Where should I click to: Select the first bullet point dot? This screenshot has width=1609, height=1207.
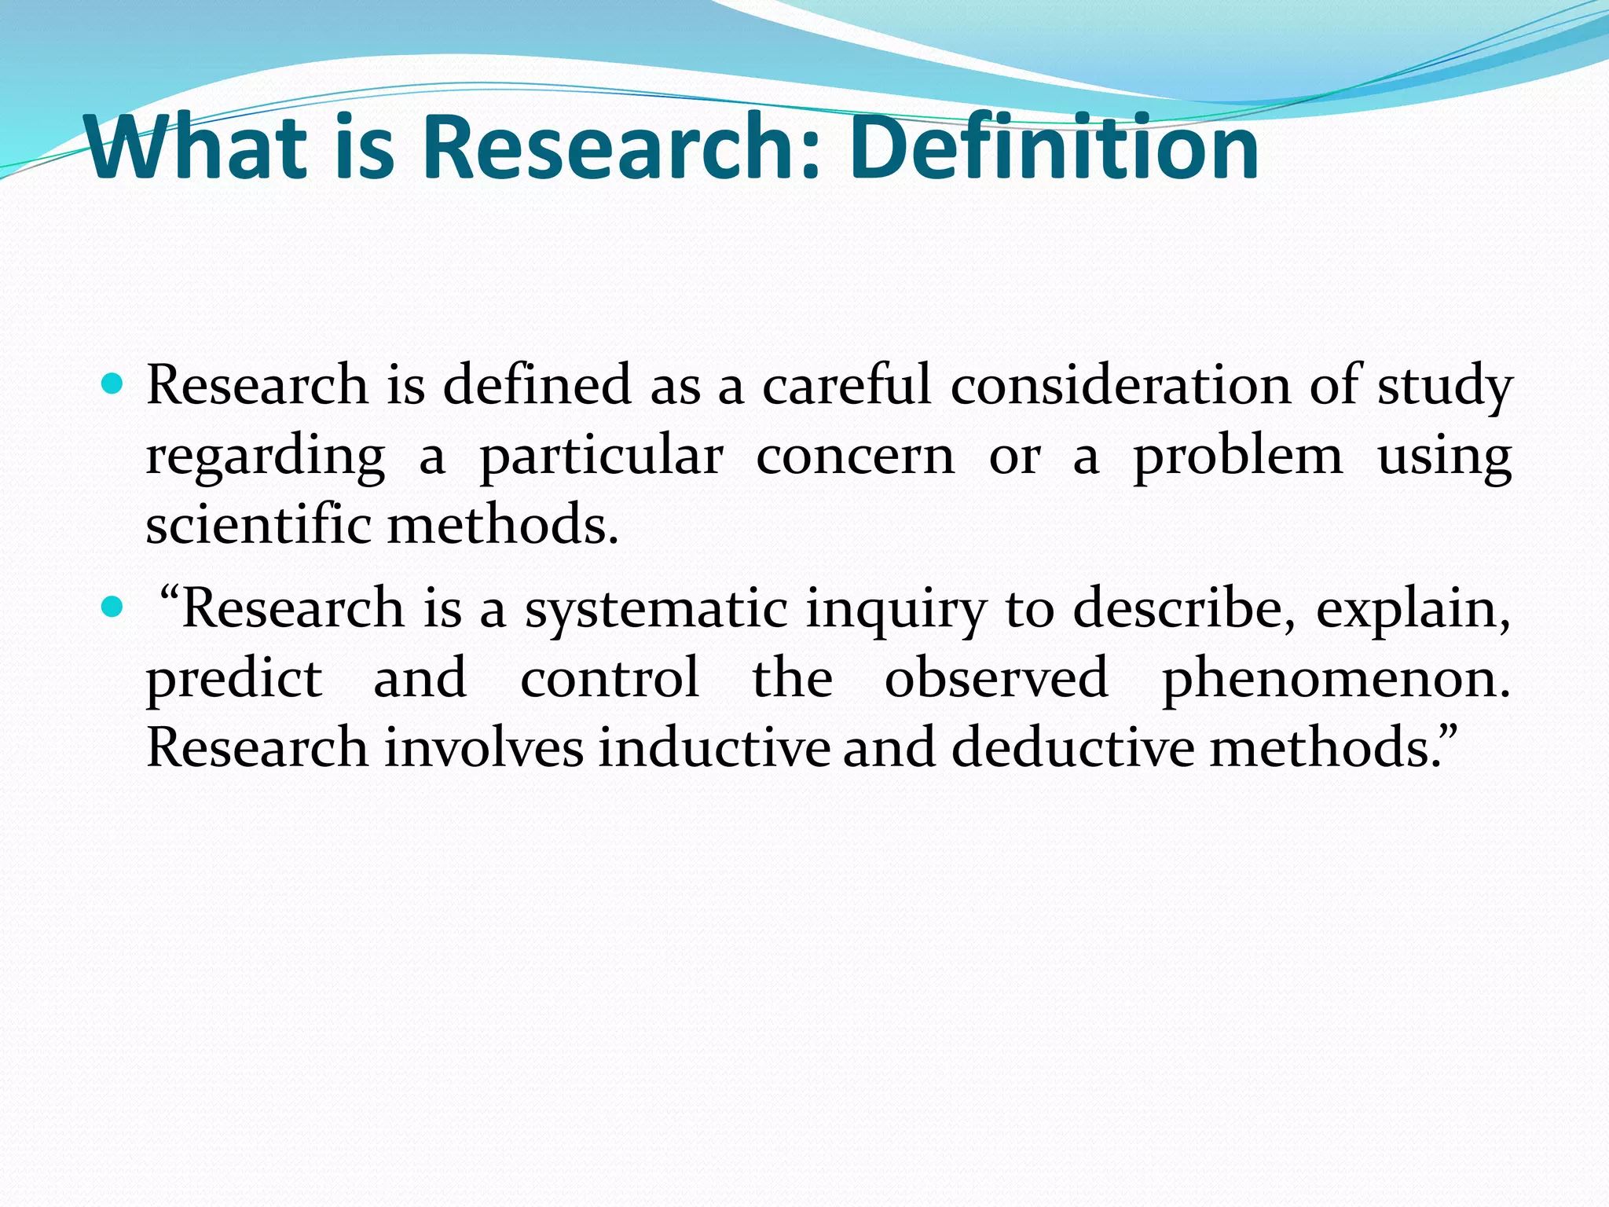113,384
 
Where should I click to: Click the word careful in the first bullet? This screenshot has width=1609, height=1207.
846,385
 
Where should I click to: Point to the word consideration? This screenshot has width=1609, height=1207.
1120,385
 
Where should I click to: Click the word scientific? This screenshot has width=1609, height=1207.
258,524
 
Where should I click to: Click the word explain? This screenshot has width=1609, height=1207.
1412,610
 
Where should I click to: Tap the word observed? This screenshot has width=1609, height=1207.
996,677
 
